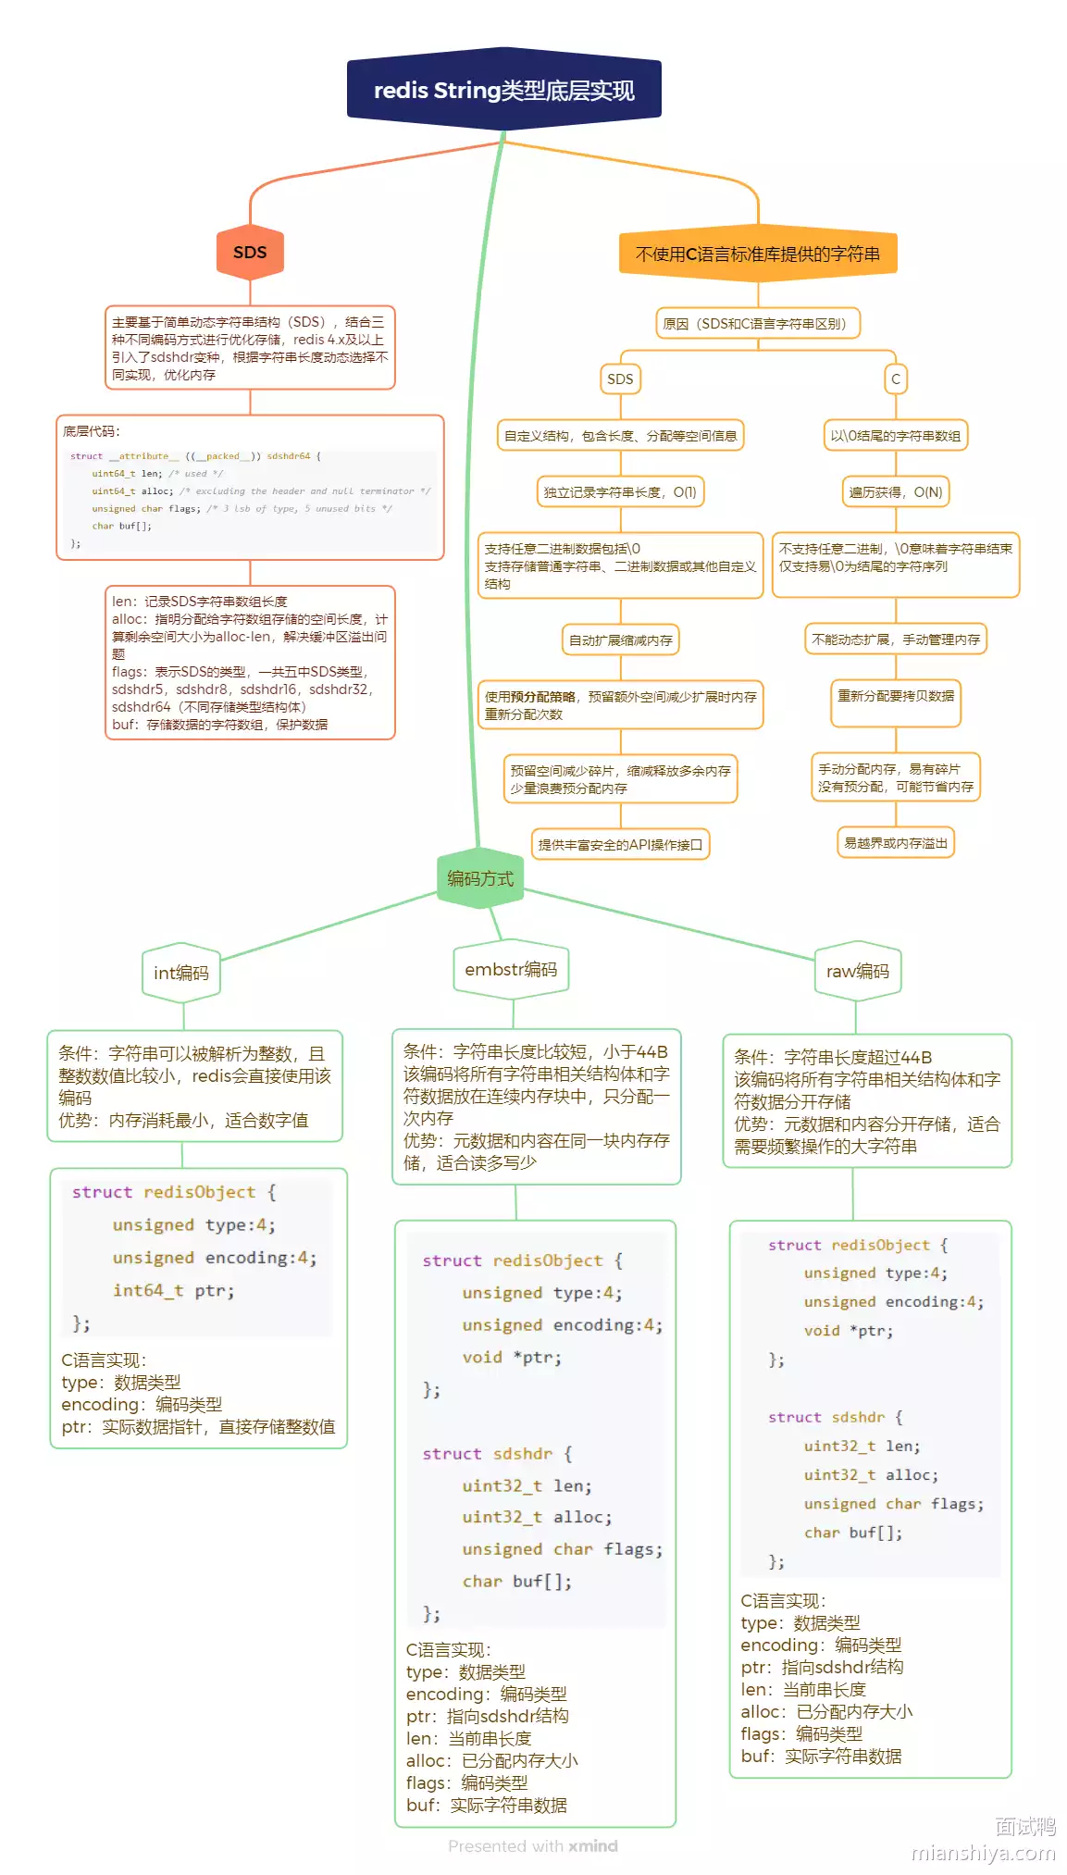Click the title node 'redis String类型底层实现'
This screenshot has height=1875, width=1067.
tap(503, 91)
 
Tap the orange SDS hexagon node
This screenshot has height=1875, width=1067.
tap(250, 253)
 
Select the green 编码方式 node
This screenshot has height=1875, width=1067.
tap(479, 878)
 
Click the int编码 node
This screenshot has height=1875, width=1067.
tap(181, 973)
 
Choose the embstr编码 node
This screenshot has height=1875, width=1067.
tap(511, 969)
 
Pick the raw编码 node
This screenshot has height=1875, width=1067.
tap(857, 971)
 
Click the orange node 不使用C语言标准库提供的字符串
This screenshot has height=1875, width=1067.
tap(757, 254)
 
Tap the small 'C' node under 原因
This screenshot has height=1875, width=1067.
tap(895, 379)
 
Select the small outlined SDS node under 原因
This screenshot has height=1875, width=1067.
tap(620, 379)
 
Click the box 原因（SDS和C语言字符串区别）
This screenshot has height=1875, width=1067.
tap(757, 324)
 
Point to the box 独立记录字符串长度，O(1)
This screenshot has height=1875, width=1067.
tap(620, 492)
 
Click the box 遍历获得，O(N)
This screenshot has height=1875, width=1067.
tap(895, 492)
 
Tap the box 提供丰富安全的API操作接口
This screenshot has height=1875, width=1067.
tap(620, 845)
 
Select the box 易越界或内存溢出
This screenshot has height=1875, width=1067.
tap(895, 843)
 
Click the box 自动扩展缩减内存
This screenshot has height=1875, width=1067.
tap(620, 640)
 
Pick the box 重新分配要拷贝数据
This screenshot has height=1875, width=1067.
tap(895, 696)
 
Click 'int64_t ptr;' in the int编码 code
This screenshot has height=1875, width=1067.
tap(173, 1290)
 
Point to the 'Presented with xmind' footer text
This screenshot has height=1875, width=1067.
tap(532, 1846)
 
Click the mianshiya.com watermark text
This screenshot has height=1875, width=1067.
tap(983, 1853)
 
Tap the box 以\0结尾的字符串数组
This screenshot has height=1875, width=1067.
tap(895, 436)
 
